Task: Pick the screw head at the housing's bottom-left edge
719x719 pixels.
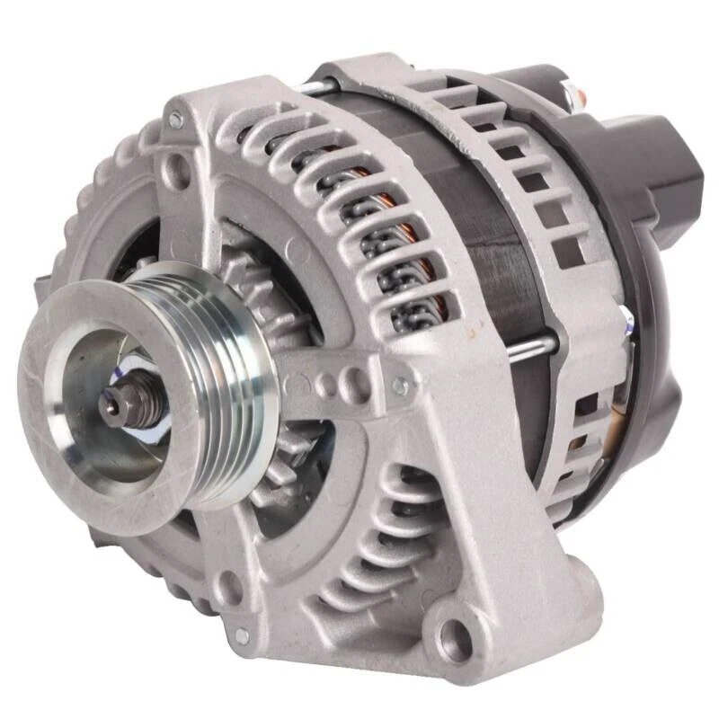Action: [x=241, y=635]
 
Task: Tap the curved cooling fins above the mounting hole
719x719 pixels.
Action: [x=386, y=539]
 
